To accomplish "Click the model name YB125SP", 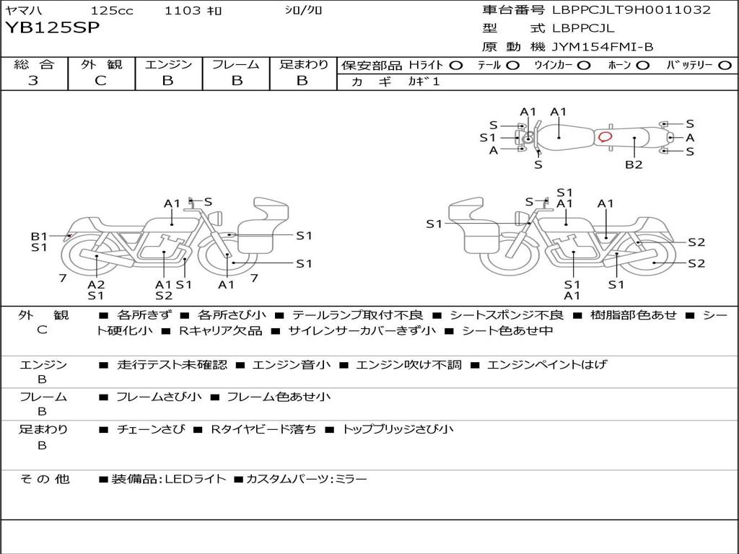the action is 53,28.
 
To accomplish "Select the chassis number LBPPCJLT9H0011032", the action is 631,10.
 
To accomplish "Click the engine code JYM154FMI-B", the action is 603,47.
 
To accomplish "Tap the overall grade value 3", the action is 33,81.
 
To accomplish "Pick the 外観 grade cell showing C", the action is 101,81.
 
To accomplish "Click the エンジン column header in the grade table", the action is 169,65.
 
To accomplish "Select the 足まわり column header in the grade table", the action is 304,65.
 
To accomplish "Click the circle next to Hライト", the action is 456,66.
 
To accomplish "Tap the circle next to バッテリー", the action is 725,66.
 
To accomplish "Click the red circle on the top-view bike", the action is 605,136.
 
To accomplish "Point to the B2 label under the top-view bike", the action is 634,165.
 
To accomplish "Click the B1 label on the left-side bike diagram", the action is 39,236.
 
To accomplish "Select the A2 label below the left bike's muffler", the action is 97,284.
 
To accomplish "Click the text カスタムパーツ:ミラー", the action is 306,479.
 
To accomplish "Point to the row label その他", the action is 45,479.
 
